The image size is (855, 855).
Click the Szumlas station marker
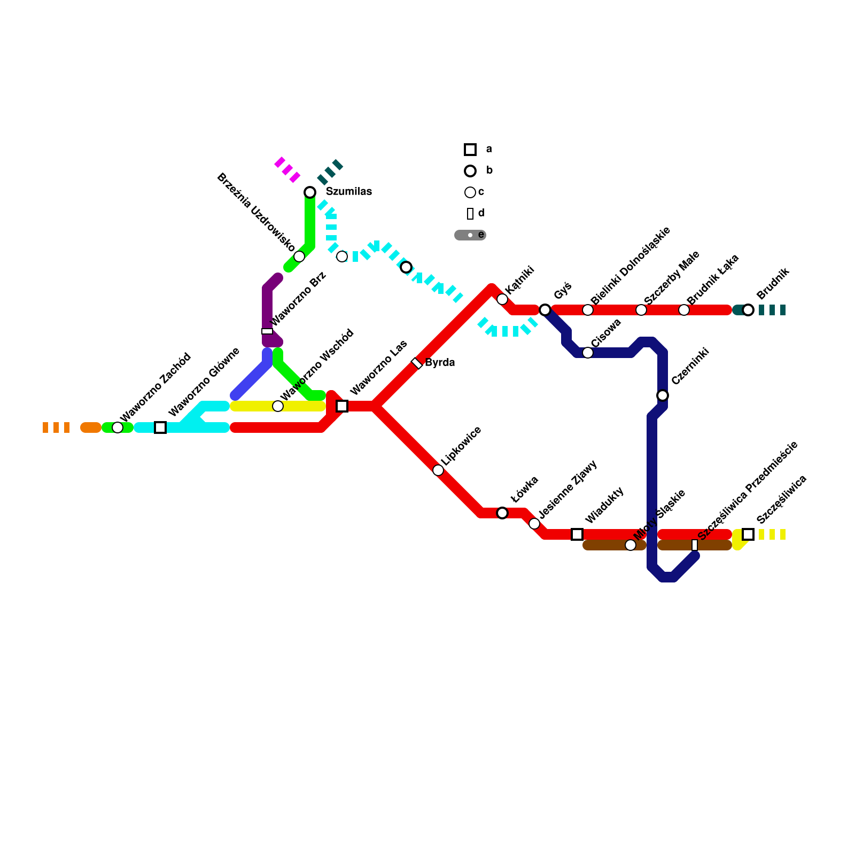coord(310,192)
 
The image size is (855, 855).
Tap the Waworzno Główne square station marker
coord(160,428)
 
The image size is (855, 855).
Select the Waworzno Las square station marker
coord(342,406)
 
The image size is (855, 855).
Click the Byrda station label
coord(440,363)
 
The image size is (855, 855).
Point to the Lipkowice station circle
coord(438,470)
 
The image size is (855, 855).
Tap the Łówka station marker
coord(502,513)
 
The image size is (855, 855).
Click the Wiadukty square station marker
coord(577,534)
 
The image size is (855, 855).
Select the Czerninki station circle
coord(663,395)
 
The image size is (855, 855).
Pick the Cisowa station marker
coord(588,353)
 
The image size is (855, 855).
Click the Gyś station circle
coord(545,310)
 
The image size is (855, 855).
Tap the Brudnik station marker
coord(748,310)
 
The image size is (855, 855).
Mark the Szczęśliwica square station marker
coord(748,534)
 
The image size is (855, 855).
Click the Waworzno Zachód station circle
coord(118,428)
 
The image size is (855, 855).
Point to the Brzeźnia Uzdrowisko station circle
coord(299,256)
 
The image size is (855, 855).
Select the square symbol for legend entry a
coord(470,150)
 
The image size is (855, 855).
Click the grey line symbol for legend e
coord(470,235)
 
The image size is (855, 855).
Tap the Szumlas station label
coord(349,192)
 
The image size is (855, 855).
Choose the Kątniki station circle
coord(502,299)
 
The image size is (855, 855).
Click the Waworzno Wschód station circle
coord(278,406)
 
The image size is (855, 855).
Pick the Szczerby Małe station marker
coord(641,310)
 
